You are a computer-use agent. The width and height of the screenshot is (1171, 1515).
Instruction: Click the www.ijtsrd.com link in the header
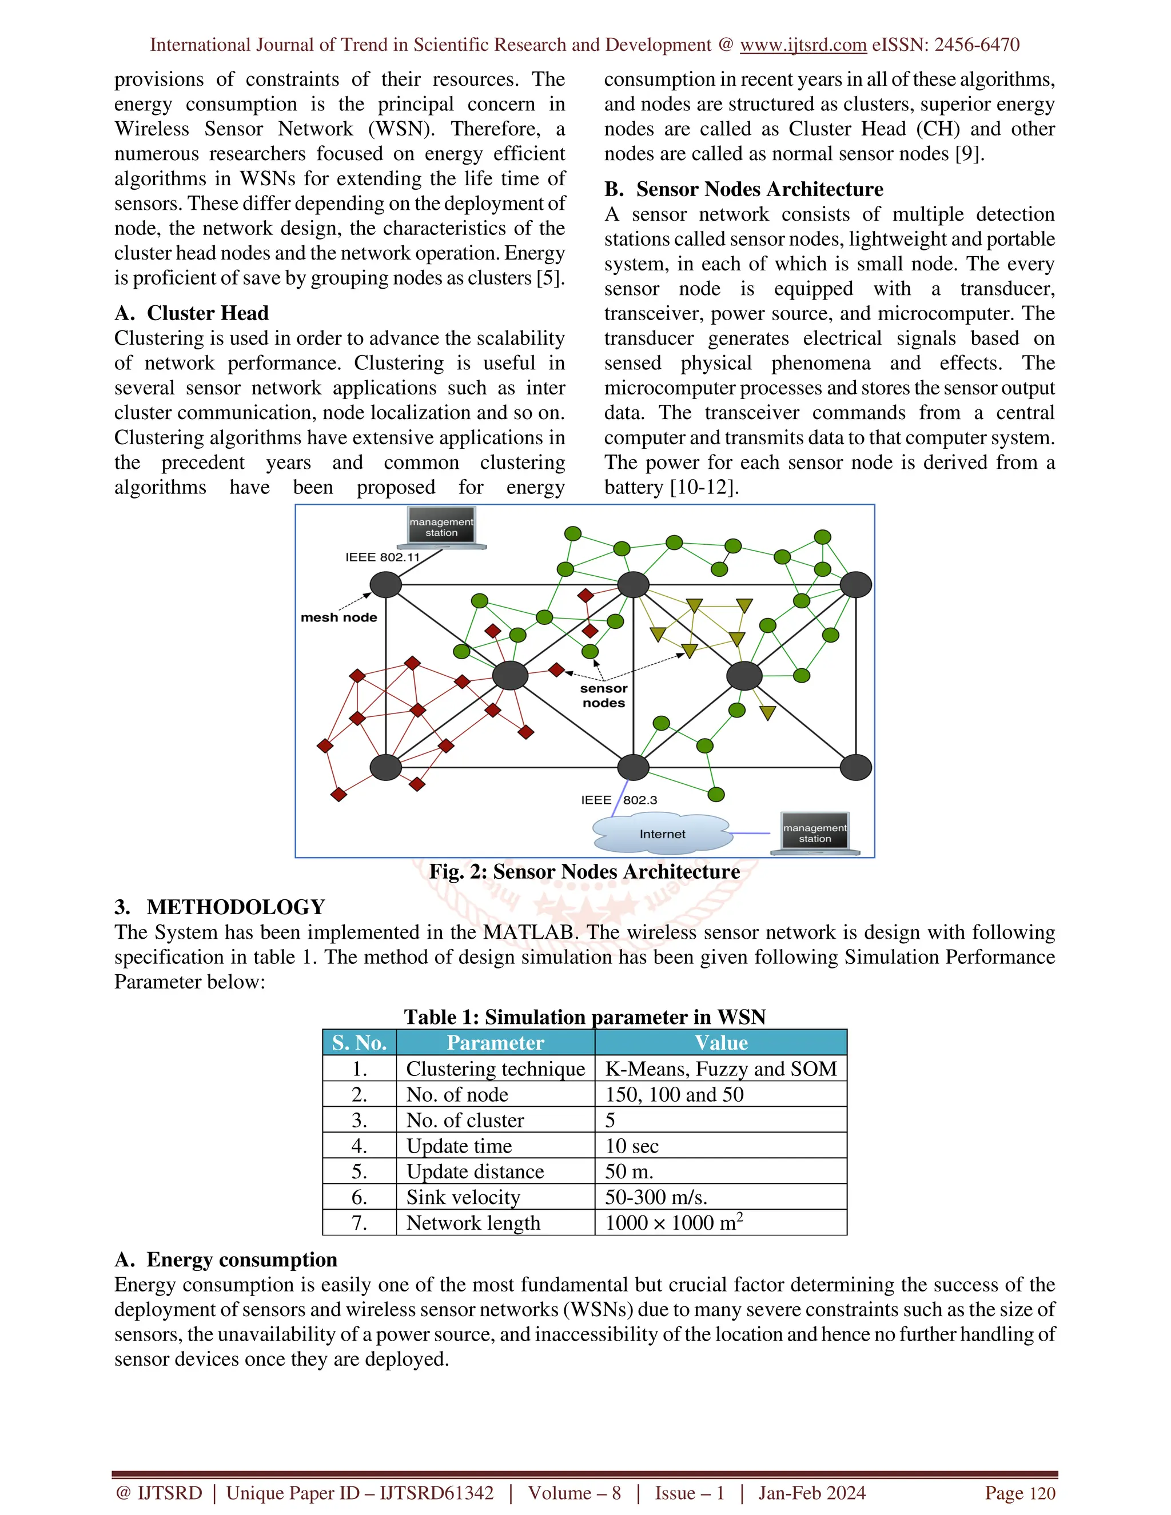[803, 45]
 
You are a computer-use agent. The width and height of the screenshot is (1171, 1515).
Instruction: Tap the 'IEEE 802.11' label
[383, 557]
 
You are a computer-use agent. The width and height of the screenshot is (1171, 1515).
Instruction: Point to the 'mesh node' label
[338, 617]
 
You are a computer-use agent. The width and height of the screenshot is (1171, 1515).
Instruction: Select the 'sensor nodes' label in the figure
[604, 695]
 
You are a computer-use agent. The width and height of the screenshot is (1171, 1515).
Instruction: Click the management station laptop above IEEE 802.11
[441, 527]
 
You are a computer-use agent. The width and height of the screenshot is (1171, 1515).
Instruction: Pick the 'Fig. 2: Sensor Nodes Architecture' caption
[584, 872]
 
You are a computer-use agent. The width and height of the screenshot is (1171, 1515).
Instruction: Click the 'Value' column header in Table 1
[721, 1043]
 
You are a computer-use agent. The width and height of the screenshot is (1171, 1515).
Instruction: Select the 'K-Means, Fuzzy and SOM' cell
[721, 1069]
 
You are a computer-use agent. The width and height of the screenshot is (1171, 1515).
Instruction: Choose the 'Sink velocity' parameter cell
[463, 1197]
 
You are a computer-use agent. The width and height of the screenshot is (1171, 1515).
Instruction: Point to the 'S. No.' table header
[359, 1043]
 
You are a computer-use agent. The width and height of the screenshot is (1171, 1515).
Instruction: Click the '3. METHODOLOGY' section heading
[220, 907]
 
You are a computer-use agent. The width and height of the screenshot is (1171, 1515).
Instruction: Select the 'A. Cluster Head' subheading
[192, 313]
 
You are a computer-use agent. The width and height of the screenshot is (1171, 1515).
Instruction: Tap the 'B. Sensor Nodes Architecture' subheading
[744, 189]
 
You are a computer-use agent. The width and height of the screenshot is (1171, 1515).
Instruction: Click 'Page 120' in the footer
[1020, 1493]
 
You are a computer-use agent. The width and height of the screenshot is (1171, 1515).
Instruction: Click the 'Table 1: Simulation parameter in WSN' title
[585, 1017]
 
